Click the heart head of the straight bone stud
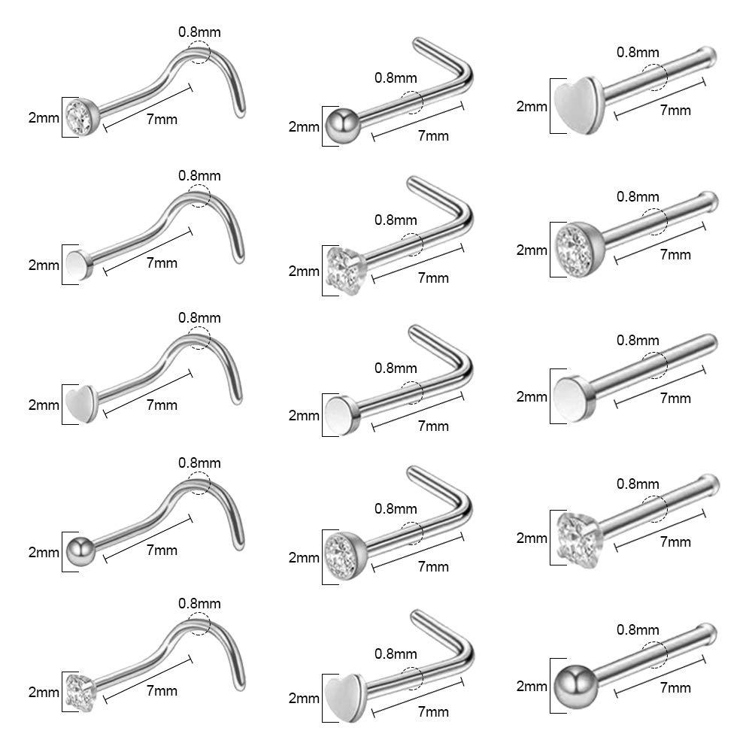click(570, 106)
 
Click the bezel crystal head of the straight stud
click(575, 243)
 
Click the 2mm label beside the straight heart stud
click(532, 106)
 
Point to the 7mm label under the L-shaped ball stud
click(432, 136)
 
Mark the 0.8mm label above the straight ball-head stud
click(638, 629)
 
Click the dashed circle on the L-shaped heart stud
click(412, 676)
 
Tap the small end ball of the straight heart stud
click(709, 55)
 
